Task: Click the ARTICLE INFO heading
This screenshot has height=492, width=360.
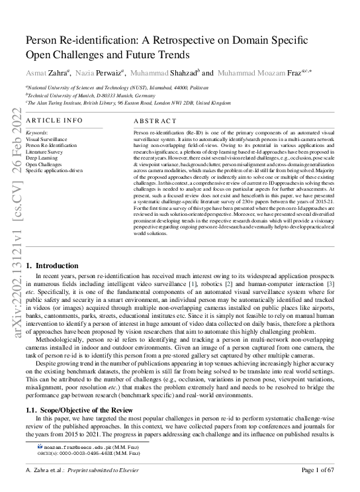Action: [x=54, y=120]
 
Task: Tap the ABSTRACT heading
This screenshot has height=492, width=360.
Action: [x=155, y=121]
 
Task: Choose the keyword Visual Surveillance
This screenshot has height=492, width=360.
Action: [x=46, y=140]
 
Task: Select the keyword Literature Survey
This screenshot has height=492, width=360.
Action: [x=44, y=152]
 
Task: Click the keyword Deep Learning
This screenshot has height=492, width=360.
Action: [x=41, y=158]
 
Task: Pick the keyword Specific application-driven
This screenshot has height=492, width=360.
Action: [x=54, y=170]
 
